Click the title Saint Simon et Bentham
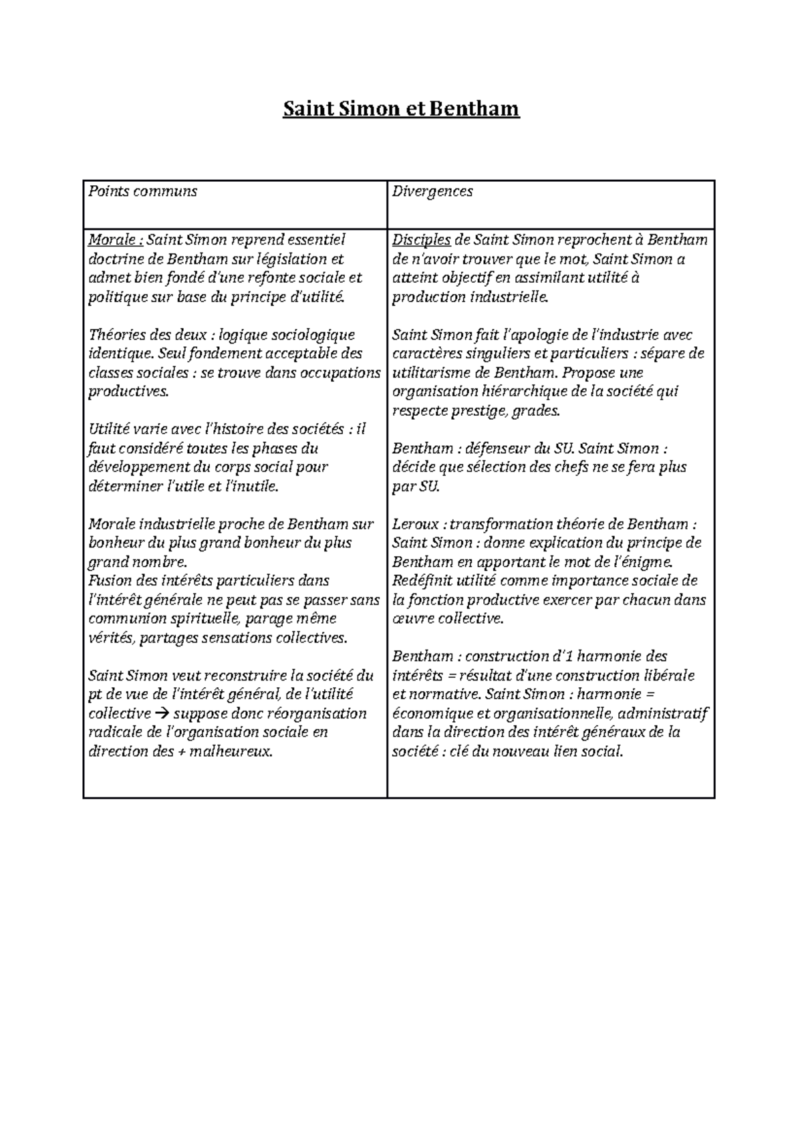[401, 108]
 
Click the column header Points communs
[142, 191]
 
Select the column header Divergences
[432, 191]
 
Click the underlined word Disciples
[422, 239]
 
